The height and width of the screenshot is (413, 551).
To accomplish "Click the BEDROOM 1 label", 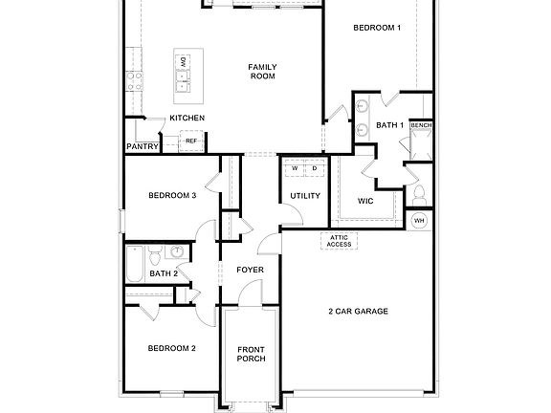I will point(376,28).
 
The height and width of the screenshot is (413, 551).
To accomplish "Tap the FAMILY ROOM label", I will point(262,72).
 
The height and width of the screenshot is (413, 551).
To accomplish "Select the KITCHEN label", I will point(187,118).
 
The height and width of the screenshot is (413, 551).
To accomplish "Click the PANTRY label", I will point(142,146).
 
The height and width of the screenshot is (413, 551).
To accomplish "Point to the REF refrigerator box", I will point(191,141).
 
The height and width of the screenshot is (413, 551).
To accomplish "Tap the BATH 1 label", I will point(389,125).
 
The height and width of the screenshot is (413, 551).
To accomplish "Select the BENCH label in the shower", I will point(421,125).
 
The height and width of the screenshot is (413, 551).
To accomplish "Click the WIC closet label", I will point(364,201).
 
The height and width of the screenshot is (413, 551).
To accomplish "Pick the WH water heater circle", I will point(419,221).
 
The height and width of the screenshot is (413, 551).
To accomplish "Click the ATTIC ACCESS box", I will point(340,240).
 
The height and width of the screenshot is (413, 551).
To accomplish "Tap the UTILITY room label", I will point(292,196).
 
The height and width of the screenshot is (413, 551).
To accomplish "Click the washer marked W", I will point(295,168).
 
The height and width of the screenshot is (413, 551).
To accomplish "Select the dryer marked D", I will point(313,168).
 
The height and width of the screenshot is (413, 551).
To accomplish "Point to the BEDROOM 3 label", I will point(172,196).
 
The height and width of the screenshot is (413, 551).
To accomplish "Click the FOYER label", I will point(250,270).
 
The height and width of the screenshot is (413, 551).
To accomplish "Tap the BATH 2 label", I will point(164,273).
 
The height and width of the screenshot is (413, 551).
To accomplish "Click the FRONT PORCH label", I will point(250,355).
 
